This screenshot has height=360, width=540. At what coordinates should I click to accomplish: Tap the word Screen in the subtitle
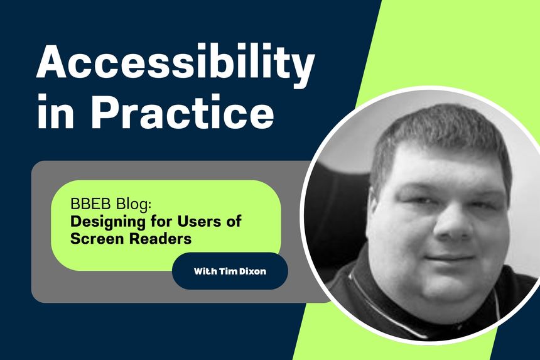pyautogui.click(x=94, y=239)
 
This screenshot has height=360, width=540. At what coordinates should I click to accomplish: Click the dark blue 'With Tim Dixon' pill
pyautogui.click(x=229, y=271)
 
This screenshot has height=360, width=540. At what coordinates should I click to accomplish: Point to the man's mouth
pyautogui.click(x=449, y=257)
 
